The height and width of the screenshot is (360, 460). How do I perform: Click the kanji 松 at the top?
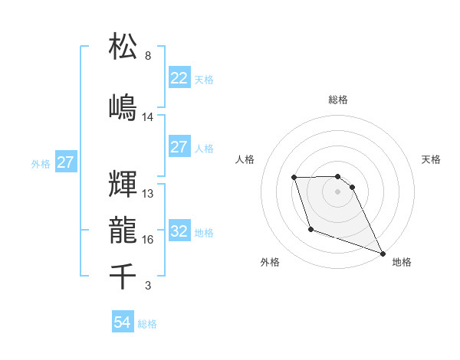[123, 47]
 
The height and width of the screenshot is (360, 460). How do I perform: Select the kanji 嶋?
[123, 106]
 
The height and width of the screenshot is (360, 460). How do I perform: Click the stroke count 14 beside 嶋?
[148, 117]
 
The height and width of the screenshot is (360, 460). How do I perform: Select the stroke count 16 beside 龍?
[148, 240]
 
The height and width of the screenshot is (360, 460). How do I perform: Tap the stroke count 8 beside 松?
[148, 56]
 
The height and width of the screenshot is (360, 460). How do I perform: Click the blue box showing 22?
[179, 77]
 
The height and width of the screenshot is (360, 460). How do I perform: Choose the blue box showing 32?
[179, 231]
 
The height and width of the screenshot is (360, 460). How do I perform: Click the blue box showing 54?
[122, 322]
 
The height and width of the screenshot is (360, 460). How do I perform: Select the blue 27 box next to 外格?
[65, 162]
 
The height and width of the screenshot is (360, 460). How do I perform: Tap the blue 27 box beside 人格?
[179, 147]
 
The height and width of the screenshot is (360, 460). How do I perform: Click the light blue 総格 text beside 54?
[147, 324]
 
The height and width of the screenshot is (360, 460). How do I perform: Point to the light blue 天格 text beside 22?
[204, 79]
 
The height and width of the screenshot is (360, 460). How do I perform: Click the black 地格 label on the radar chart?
[402, 262]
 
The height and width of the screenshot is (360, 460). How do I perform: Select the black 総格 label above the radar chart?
[337, 100]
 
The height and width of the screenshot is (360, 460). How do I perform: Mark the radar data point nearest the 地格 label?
[383, 253]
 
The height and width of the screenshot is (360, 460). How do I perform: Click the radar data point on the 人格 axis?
[294, 178]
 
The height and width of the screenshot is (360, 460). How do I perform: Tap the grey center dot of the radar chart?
[337, 191]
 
